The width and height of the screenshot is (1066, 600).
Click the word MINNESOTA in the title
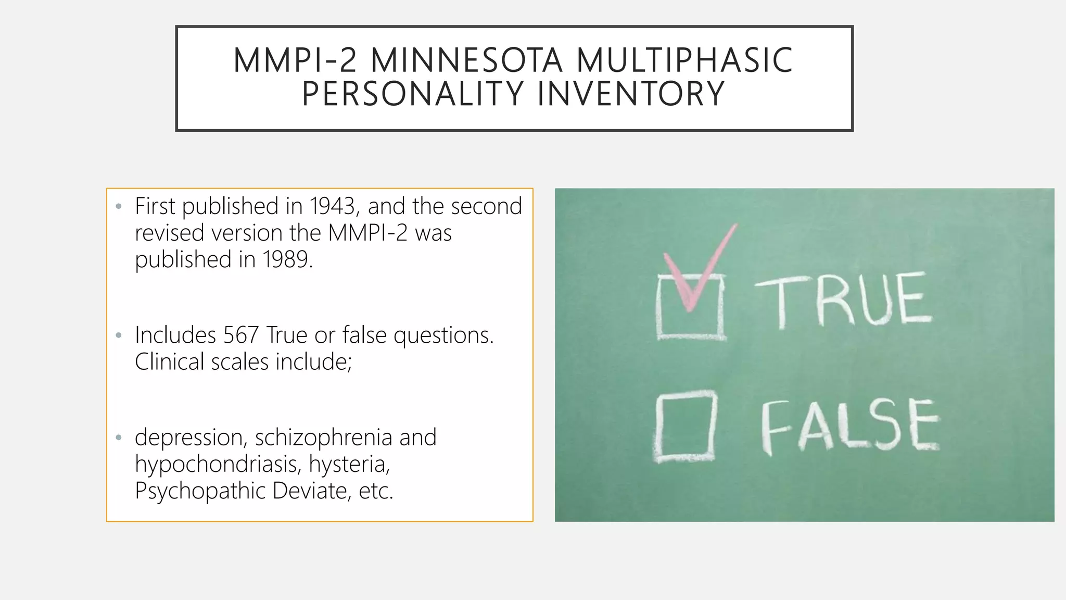pyautogui.click(x=466, y=60)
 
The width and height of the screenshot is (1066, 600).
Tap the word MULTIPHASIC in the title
pyautogui.click(x=684, y=60)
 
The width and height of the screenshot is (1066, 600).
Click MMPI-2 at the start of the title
pyautogui.click(x=295, y=60)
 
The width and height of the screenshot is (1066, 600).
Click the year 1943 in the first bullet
pyautogui.click(x=333, y=206)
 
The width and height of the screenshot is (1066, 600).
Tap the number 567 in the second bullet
pyautogui.click(x=241, y=335)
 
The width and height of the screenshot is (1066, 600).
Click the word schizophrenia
pyautogui.click(x=323, y=438)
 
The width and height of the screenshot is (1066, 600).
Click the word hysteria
pyautogui.click(x=349, y=464)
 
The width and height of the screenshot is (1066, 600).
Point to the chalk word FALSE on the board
pyautogui.click(x=850, y=426)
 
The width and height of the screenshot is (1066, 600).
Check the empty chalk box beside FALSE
pyautogui.click(x=685, y=427)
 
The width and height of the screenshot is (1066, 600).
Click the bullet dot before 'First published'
pyautogui.click(x=119, y=207)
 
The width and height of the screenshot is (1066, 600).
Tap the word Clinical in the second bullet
pyautogui.click(x=169, y=362)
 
